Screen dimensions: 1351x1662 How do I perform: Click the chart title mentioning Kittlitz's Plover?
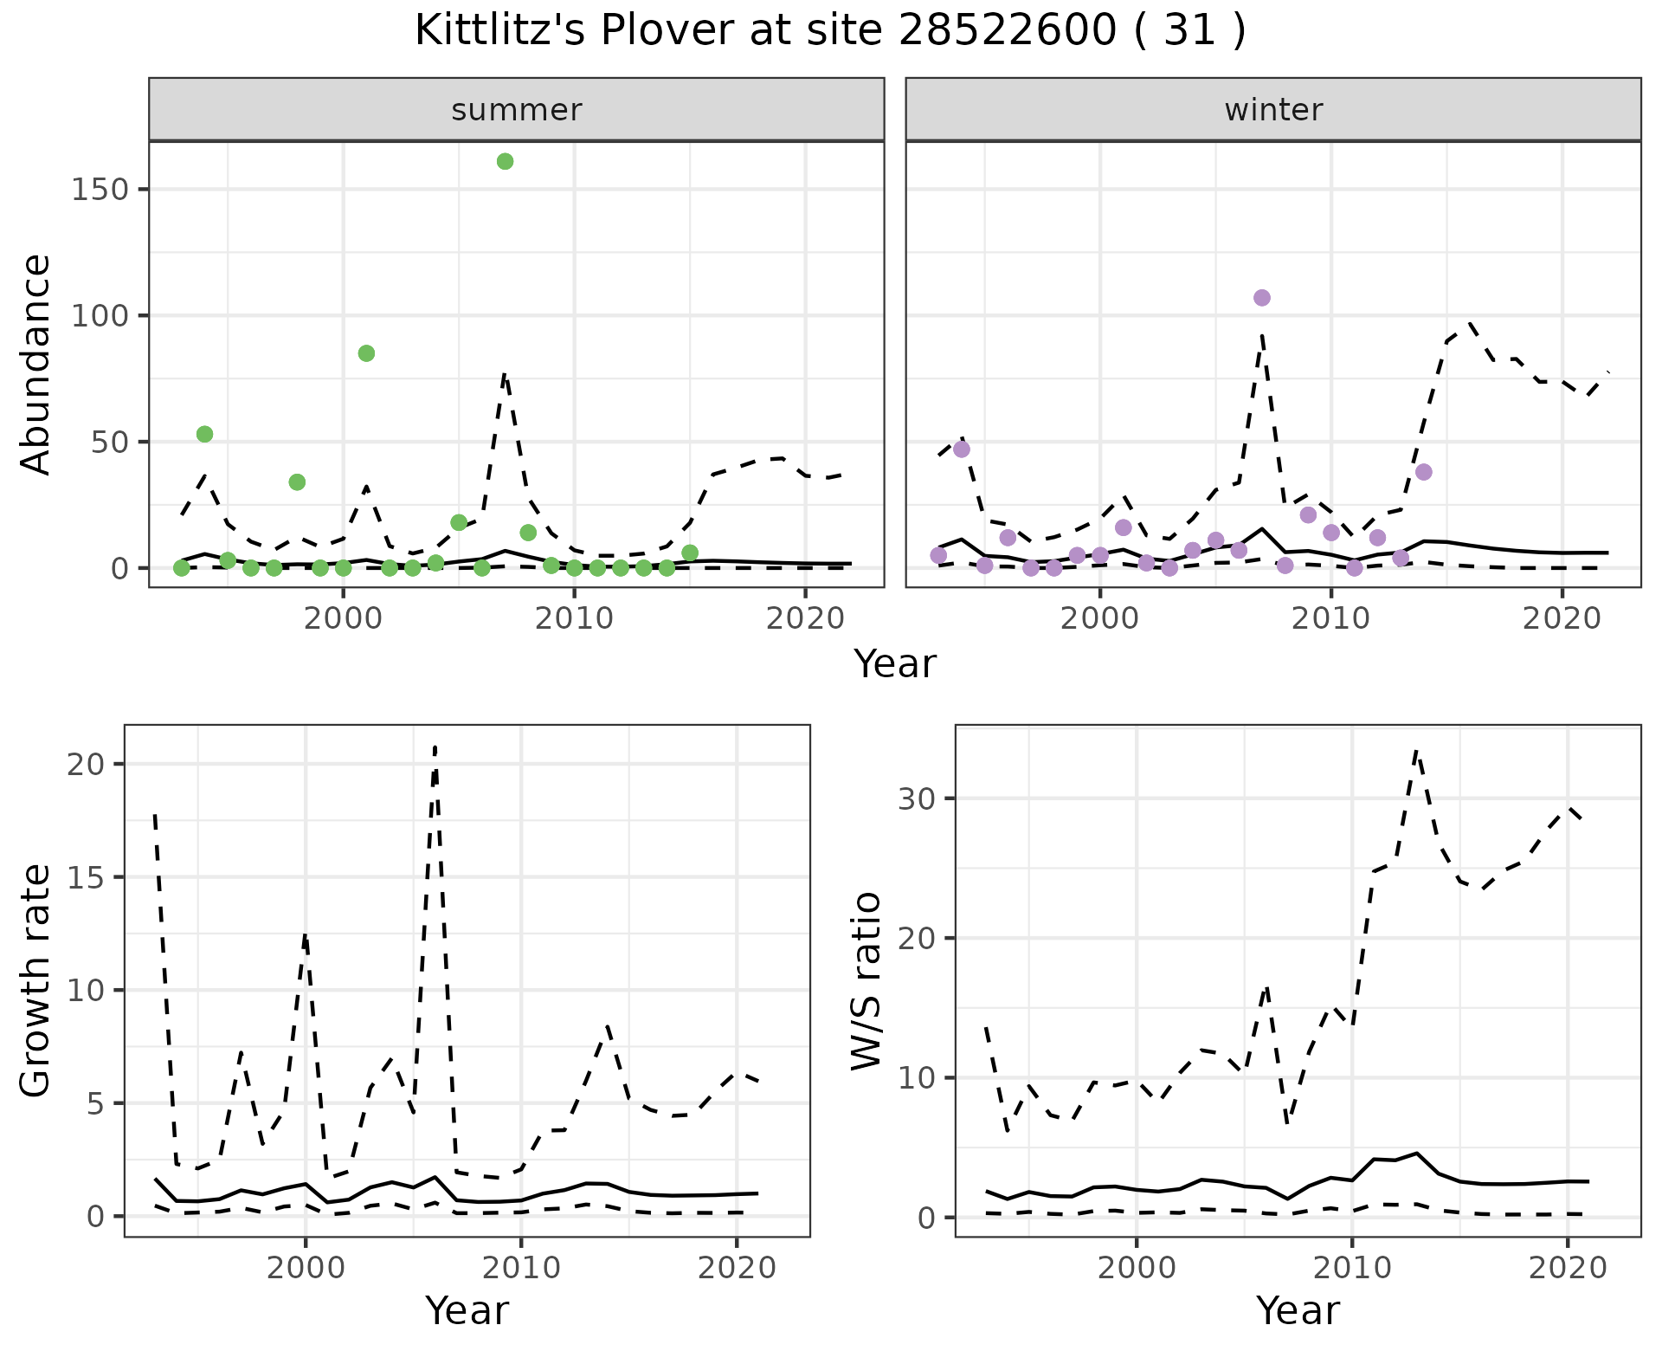point(830,32)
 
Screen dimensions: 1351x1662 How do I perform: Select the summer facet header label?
point(516,110)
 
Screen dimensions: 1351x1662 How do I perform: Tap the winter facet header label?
point(1272,110)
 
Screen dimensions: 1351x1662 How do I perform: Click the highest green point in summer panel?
point(506,162)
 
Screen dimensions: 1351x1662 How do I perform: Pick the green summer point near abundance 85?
point(366,353)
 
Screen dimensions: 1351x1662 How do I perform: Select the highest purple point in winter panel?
point(1262,298)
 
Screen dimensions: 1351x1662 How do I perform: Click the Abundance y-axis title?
point(36,364)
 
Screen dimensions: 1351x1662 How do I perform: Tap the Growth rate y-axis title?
point(36,980)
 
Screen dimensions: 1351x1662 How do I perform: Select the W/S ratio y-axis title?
point(866,980)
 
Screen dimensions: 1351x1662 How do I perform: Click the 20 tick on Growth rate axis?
point(87,765)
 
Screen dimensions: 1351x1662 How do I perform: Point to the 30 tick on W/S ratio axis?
point(917,798)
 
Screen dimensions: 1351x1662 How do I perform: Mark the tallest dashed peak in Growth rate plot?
point(435,747)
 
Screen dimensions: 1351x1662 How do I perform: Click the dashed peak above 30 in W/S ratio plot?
point(1415,752)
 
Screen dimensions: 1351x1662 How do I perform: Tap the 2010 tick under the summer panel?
point(574,620)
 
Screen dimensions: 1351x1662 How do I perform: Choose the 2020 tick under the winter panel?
point(1562,620)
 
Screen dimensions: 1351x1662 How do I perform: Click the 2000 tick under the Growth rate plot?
point(305,1270)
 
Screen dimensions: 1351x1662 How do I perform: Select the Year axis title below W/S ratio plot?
point(1297,1311)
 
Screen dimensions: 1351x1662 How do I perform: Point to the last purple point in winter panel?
point(1424,472)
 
